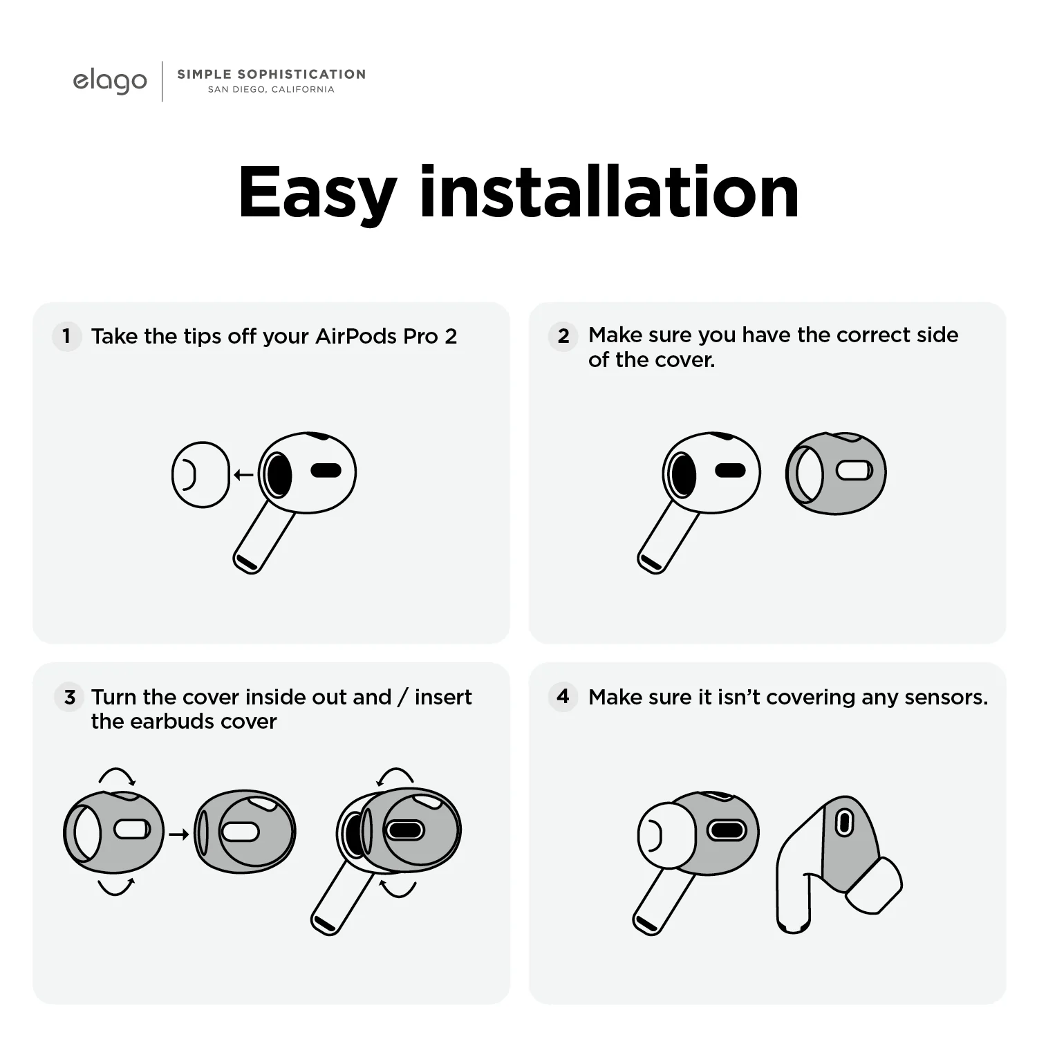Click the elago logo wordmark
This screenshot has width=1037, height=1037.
pyautogui.click(x=110, y=82)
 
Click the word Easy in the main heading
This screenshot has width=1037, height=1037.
pyautogui.click(x=317, y=194)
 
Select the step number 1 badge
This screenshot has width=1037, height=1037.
pyautogui.click(x=66, y=337)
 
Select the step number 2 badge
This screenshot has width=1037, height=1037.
pyautogui.click(x=563, y=336)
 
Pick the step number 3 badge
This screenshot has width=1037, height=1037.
pyautogui.click(x=69, y=697)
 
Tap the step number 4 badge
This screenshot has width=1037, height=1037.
pyautogui.click(x=563, y=696)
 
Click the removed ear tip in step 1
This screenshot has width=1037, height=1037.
pyautogui.click(x=200, y=475)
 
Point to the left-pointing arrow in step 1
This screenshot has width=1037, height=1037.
pyautogui.click(x=243, y=475)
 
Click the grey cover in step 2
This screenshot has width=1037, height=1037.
pyautogui.click(x=836, y=474)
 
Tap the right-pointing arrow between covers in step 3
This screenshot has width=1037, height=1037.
pyautogui.click(x=179, y=834)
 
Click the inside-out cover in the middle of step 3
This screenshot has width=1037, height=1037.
pyautogui.click(x=245, y=832)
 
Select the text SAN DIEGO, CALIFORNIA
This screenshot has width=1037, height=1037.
pyautogui.click(x=271, y=89)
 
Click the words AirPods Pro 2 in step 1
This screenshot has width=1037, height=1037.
pyautogui.click(x=386, y=337)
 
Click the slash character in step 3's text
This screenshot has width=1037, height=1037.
pyautogui.click(x=403, y=697)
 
